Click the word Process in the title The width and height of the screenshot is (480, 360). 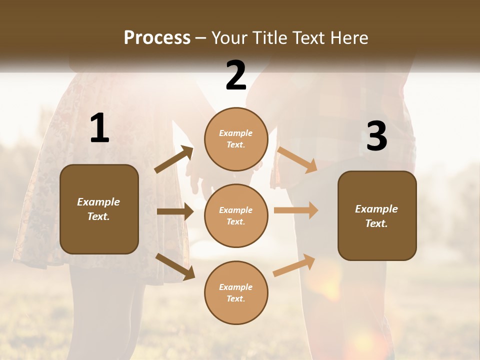[x=157, y=38]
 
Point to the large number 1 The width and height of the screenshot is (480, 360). [x=99, y=128]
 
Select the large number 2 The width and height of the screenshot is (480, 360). [x=236, y=75]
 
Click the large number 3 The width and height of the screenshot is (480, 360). [x=377, y=136]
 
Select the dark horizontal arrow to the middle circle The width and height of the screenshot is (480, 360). [x=175, y=211]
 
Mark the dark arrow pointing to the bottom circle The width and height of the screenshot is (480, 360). [x=175, y=266]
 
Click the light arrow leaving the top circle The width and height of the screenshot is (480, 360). [x=297, y=159]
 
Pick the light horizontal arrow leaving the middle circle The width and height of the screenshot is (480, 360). [x=296, y=210]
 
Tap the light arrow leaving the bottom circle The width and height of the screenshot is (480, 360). [x=294, y=265]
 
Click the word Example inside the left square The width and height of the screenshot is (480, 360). [x=98, y=202]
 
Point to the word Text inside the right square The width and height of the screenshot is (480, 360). [x=376, y=223]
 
